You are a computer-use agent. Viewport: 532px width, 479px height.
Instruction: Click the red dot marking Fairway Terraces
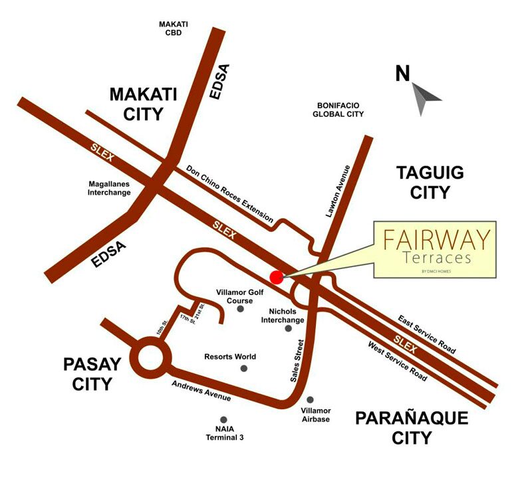[277, 277]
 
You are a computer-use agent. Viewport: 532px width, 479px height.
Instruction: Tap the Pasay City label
[92, 373]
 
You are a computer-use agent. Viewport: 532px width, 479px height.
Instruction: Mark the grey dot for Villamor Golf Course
[240, 309]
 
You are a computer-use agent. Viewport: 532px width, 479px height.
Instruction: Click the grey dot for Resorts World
[244, 368]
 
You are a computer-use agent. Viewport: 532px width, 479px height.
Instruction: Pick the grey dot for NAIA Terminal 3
[223, 420]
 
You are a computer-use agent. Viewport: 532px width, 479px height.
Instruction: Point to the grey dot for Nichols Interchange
[288, 328]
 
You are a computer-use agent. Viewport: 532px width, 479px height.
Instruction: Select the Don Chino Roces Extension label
[229, 193]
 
